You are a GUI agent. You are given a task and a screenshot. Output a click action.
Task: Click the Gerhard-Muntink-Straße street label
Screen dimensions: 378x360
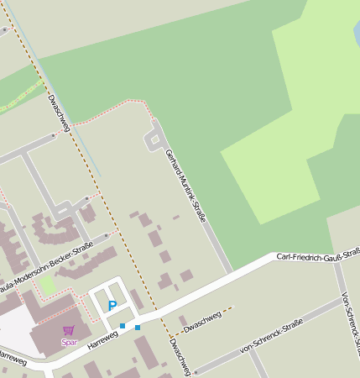185,187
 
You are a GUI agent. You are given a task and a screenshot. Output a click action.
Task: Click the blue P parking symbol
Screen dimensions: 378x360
112,307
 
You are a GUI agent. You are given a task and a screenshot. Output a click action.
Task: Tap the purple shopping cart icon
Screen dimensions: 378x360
69,331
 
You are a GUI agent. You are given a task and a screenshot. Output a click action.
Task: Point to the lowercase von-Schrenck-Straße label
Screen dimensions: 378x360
270,335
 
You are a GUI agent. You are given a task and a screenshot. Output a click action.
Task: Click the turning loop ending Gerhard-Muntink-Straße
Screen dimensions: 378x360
154,138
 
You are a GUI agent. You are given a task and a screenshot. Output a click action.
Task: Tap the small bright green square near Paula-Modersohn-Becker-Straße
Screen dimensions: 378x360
48,286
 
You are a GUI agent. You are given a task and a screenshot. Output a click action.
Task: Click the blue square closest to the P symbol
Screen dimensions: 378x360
123,326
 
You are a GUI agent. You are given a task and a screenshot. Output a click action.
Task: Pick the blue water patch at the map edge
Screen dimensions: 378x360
357,34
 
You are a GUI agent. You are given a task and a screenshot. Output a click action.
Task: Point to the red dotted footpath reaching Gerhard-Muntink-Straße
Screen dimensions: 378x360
109,109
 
